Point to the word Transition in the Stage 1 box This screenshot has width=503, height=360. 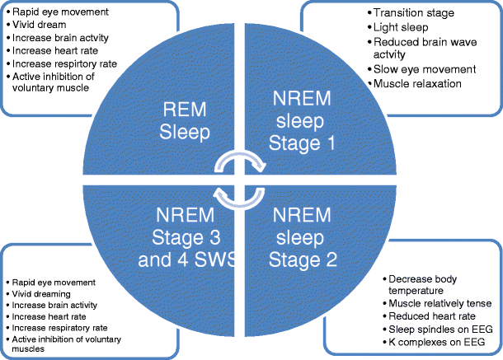pyautogui.click(x=395, y=12)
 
